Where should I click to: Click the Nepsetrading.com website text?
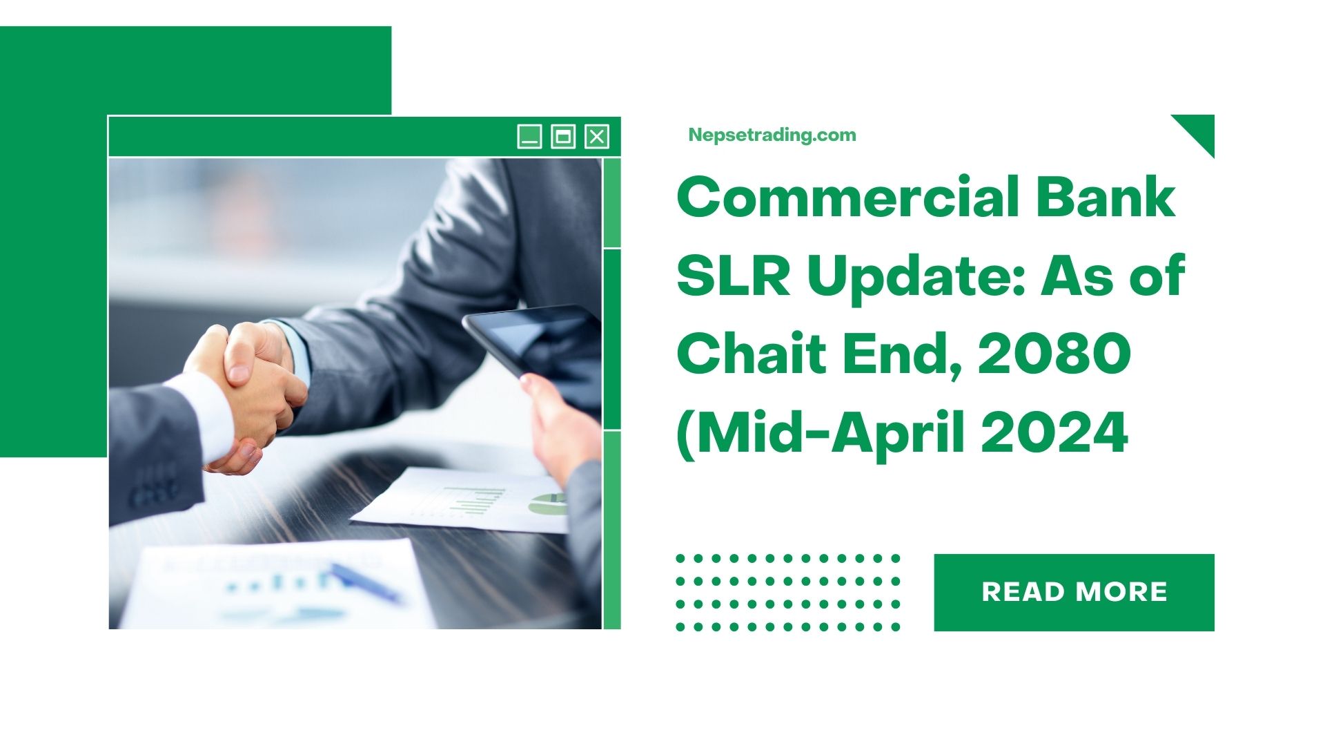[x=772, y=135]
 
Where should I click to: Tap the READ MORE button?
[x=1074, y=592]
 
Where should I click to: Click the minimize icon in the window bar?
[x=529, y=137]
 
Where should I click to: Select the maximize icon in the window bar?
[x=563, y=137]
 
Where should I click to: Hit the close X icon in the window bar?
[x=597, y=137]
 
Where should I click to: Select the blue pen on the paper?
[x=365, y=582]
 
